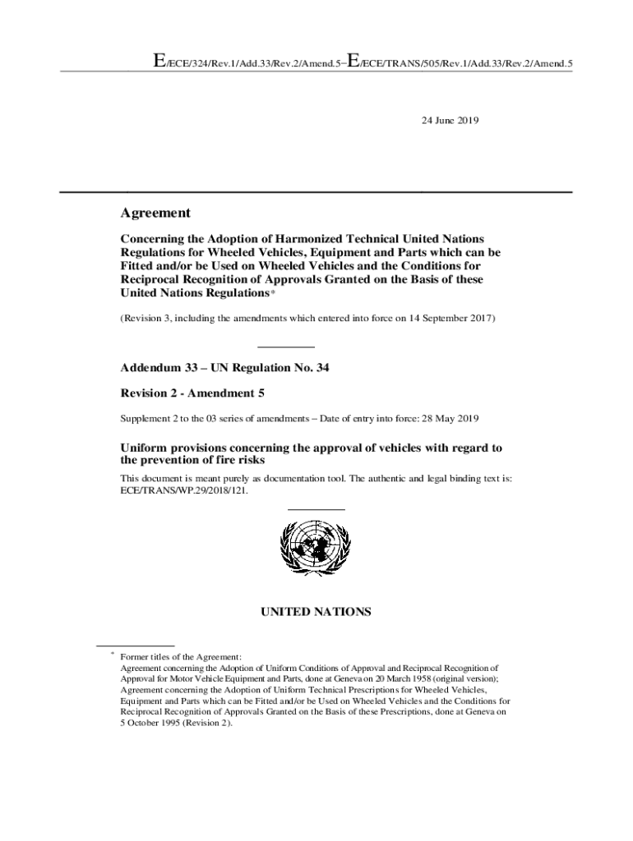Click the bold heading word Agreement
[x=155, y=214]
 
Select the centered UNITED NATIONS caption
[x=316, y=612]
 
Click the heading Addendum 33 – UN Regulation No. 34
[x=224, y=368]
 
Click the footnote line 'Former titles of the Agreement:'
[x=181, y=657]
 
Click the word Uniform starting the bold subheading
[x=144, y=448]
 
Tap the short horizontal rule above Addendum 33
[x=286, y=347]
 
